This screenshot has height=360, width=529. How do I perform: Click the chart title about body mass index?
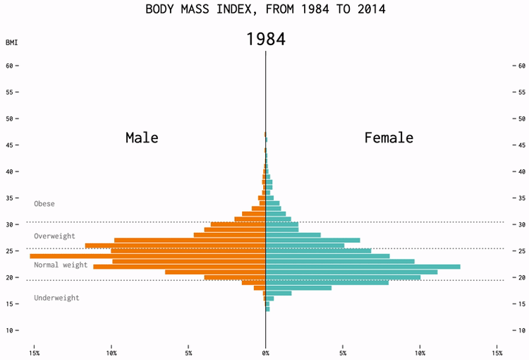tap(265, 9)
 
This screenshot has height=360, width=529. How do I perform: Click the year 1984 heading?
tap(265, 40)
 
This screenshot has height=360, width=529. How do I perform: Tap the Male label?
tap(142, 138)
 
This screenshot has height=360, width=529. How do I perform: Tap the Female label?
tap(389, 138)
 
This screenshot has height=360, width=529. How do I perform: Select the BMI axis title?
tap(11, 43)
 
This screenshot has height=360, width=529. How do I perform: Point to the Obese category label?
tap(44, 204)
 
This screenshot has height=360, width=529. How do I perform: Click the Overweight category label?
tap(54, 236)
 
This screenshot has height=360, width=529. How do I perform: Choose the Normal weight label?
tap(61, 265)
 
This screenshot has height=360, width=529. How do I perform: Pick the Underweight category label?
tap(56, 298)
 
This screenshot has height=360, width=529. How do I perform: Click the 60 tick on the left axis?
tap(10, 66)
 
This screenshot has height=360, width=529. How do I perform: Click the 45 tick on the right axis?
tap(521, 145)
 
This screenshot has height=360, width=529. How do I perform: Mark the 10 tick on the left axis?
tap(10, 330)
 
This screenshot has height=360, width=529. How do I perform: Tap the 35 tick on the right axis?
tap(521, 198)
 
